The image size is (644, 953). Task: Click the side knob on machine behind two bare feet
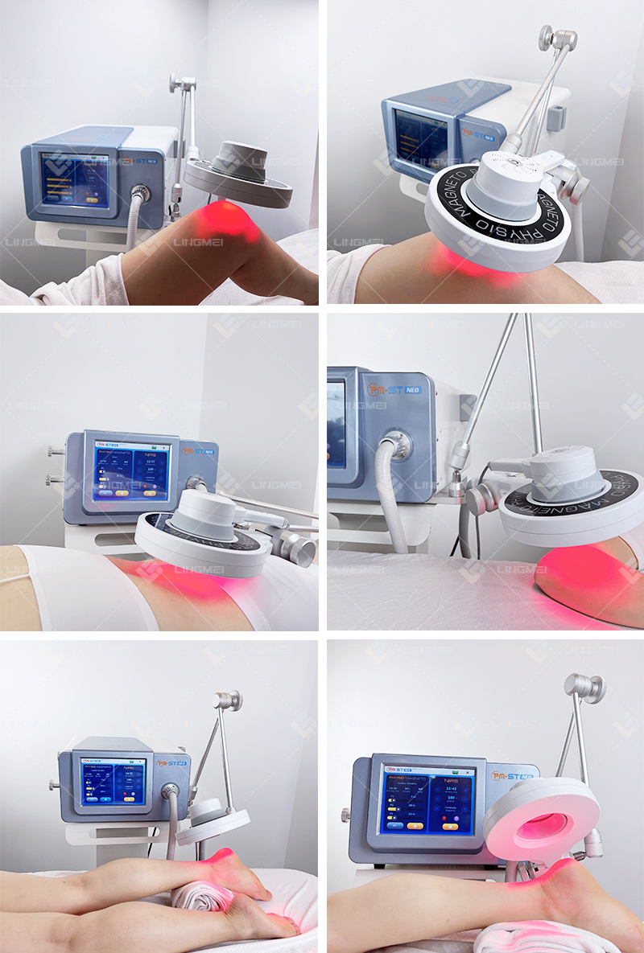click(x=53, y=783)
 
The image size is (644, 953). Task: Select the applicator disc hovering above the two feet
click(x=212, y=822)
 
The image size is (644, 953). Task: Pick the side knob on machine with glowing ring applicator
click(x=345, y=815)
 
